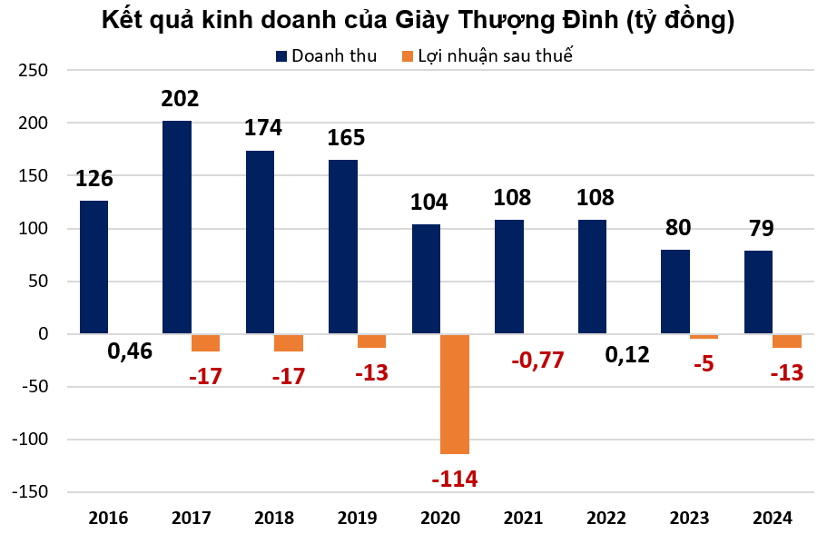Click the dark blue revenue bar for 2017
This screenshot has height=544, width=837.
[177, 227]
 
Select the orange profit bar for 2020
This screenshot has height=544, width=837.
[455, 393]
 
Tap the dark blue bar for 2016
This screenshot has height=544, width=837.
[94, 267]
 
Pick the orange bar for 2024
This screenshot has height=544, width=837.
[787, 341]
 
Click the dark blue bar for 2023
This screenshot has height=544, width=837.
[675, 292]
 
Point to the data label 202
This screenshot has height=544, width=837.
[180, 99]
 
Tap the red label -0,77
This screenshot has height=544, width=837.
[537, 360]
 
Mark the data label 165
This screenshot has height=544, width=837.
[346, 138]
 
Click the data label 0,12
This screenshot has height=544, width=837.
[627, 354]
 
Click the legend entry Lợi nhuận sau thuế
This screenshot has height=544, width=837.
[495, 56]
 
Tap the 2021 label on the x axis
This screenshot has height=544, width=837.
[523, 519]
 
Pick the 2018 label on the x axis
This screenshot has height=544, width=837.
[274, 519]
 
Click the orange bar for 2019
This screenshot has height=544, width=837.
[371, 341]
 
